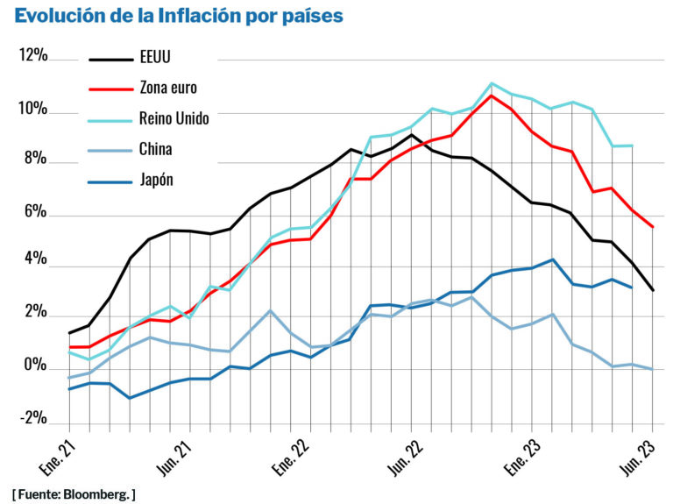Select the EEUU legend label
[155, 60]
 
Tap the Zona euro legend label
[168, 88]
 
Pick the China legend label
[156, 148]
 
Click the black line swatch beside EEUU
[110, 60]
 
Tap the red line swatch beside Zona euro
[110, 89]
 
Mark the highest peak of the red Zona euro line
[492, 96]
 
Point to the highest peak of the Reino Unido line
[492, 83]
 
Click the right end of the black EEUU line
[653, 290]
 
